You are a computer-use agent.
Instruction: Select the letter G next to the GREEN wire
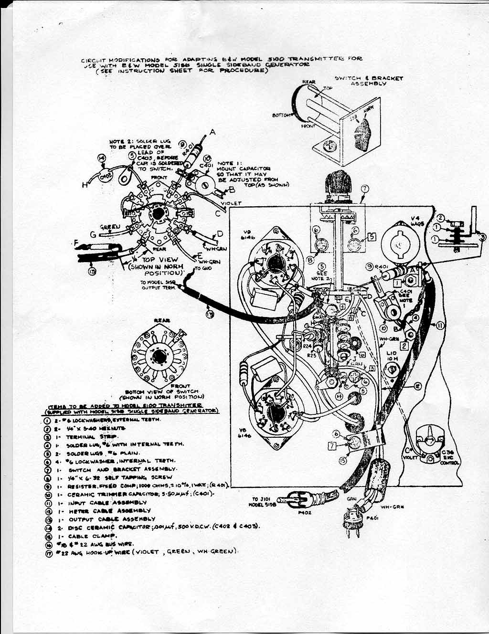[x=93, y=234]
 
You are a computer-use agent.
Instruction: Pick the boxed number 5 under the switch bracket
[x=372, y=236]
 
